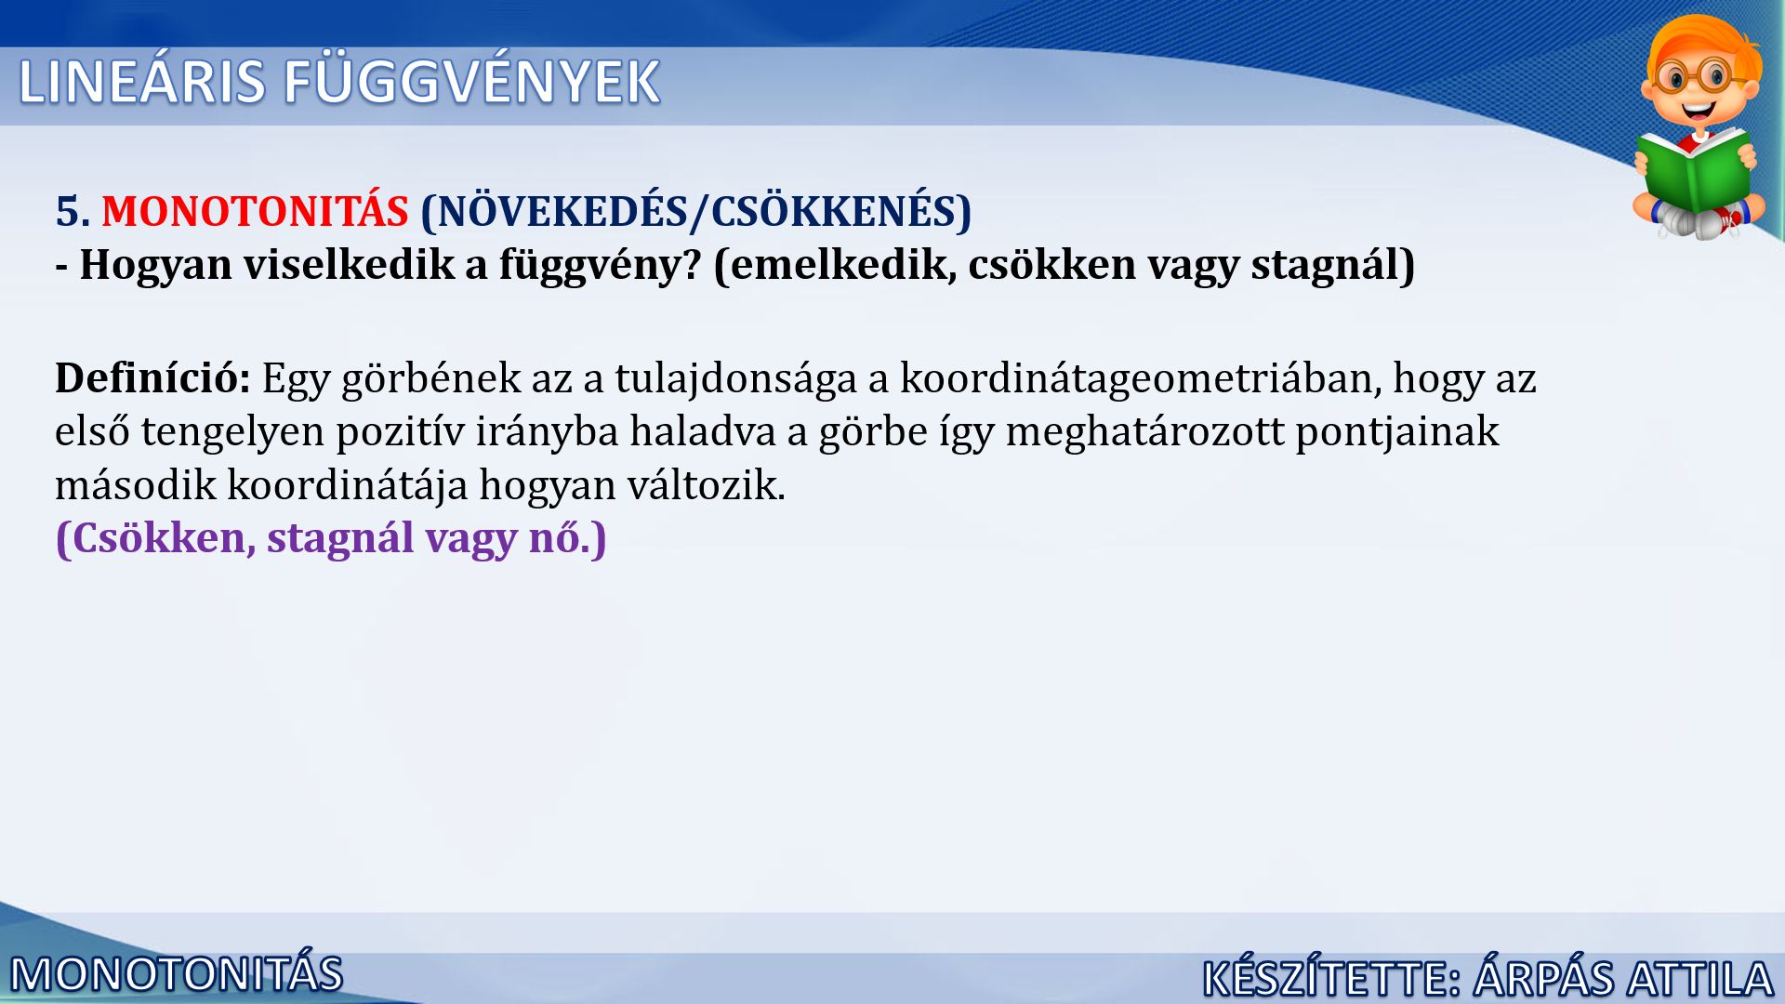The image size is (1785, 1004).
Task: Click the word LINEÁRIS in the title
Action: pyautogui.click(x=142, y=81)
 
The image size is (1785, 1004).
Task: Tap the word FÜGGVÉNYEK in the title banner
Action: pyautogui.click(x=471, y=81)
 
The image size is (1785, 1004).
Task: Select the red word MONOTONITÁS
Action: pyautogui.click(x=255, y=211)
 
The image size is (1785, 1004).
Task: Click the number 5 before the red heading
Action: pyautogui.click(x=67, y=212)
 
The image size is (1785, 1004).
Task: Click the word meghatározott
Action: pyautogui.click(x=1144, y=432)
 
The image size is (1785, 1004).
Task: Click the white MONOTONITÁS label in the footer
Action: pyautogui.click(x=177, y=975)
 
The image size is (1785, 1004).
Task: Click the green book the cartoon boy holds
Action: pyautogui.click(x=1694, y=172)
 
